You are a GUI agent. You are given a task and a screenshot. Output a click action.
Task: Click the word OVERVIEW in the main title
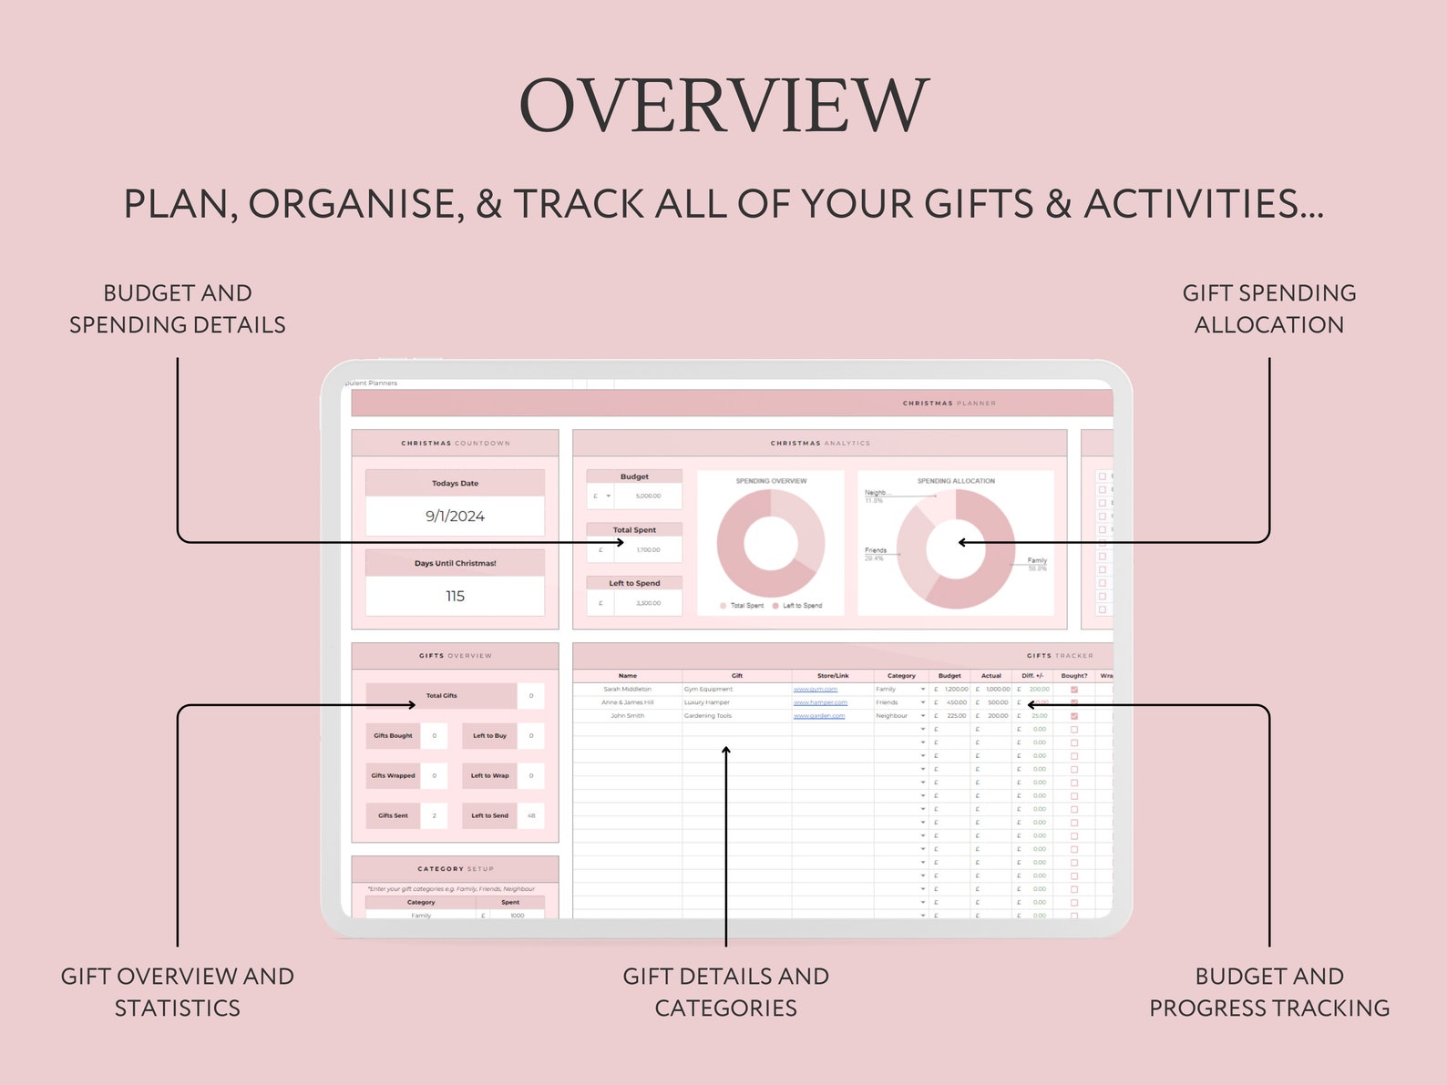pos(723,106)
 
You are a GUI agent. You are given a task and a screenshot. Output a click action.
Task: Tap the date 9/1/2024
pos(455,516)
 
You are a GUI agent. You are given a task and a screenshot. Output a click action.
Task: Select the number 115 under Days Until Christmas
pos(455,596)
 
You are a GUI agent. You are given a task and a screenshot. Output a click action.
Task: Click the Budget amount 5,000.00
pos(648,496)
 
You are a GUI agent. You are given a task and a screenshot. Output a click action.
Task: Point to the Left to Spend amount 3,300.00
pos(648,603)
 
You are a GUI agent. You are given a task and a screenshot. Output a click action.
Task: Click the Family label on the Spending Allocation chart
pos(1037,560)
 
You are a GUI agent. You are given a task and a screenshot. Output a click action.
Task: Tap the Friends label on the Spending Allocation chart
pos(876,550)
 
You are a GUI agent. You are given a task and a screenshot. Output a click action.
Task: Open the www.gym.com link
pos(815,690)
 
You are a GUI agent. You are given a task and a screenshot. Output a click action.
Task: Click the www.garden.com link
pos(818,716)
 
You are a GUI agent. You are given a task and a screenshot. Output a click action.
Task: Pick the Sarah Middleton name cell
pos(627,690)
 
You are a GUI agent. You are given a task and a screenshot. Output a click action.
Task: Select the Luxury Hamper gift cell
pos(707,702)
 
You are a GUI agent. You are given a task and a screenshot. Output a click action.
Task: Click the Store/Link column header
pos(833,676)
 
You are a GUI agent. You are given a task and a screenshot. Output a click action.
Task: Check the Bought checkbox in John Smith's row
pos(1074,716)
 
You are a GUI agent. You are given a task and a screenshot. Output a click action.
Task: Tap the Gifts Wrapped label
pos(393,776)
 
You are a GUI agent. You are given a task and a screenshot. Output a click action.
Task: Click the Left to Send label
pos(489,816)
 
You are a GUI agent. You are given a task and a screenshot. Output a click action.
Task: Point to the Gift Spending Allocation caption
pos(1268,309)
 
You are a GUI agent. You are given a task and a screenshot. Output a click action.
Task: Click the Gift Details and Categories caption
pos(725,992)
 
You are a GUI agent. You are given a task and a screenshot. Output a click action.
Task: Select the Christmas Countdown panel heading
pos(456,444)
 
